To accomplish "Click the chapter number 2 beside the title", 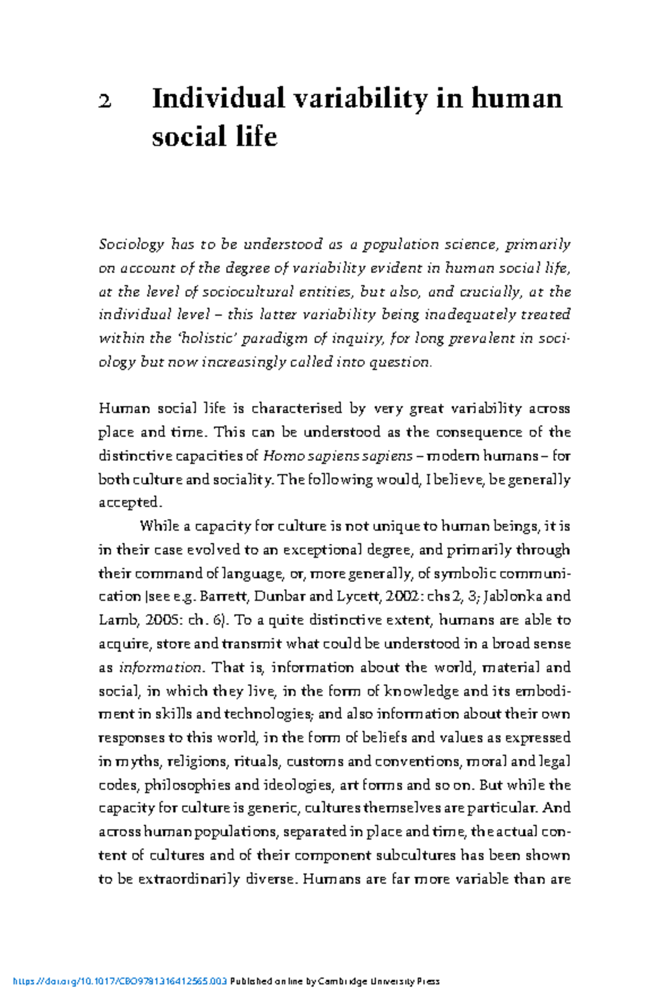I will [105, 101].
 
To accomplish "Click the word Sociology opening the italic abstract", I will [131, 245].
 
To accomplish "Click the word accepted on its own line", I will [130, 503].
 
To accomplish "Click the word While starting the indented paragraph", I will [158, 526].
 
